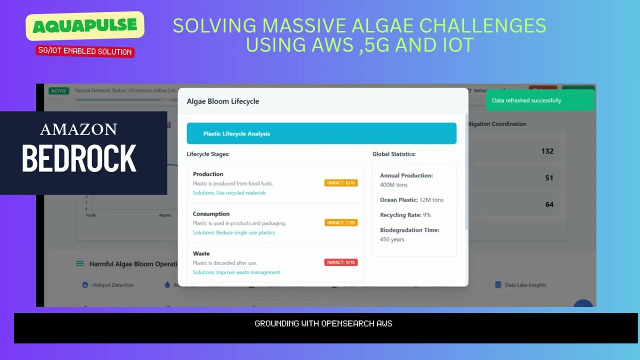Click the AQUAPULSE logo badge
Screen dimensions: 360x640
(85, 26)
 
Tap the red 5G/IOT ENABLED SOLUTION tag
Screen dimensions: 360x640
(85, 51)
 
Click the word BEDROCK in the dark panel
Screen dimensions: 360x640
(79, 159)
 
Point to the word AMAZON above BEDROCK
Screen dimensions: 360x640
(78, 129)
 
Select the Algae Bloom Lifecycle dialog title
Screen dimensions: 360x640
(223, 101)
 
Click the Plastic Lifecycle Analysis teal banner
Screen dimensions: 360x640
(321, 133)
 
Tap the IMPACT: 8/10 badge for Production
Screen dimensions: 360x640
(340, 183)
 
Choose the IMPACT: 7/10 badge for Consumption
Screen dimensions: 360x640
(340, 222)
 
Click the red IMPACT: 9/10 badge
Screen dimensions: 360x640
(340, 262)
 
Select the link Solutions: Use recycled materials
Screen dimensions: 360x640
(229, 193)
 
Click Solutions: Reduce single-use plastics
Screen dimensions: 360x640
(233, 232)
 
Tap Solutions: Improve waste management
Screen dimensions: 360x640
(236, 272)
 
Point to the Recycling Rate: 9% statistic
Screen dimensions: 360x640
(405, 215)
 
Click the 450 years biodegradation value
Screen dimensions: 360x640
(392, 239)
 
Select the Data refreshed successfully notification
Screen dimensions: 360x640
(540, 100)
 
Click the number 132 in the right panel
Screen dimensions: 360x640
(547, 151)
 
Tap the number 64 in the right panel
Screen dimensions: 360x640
(549, 204)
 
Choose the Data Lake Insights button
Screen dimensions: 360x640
(525, 285)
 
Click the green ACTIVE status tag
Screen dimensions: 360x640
(58, 91)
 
